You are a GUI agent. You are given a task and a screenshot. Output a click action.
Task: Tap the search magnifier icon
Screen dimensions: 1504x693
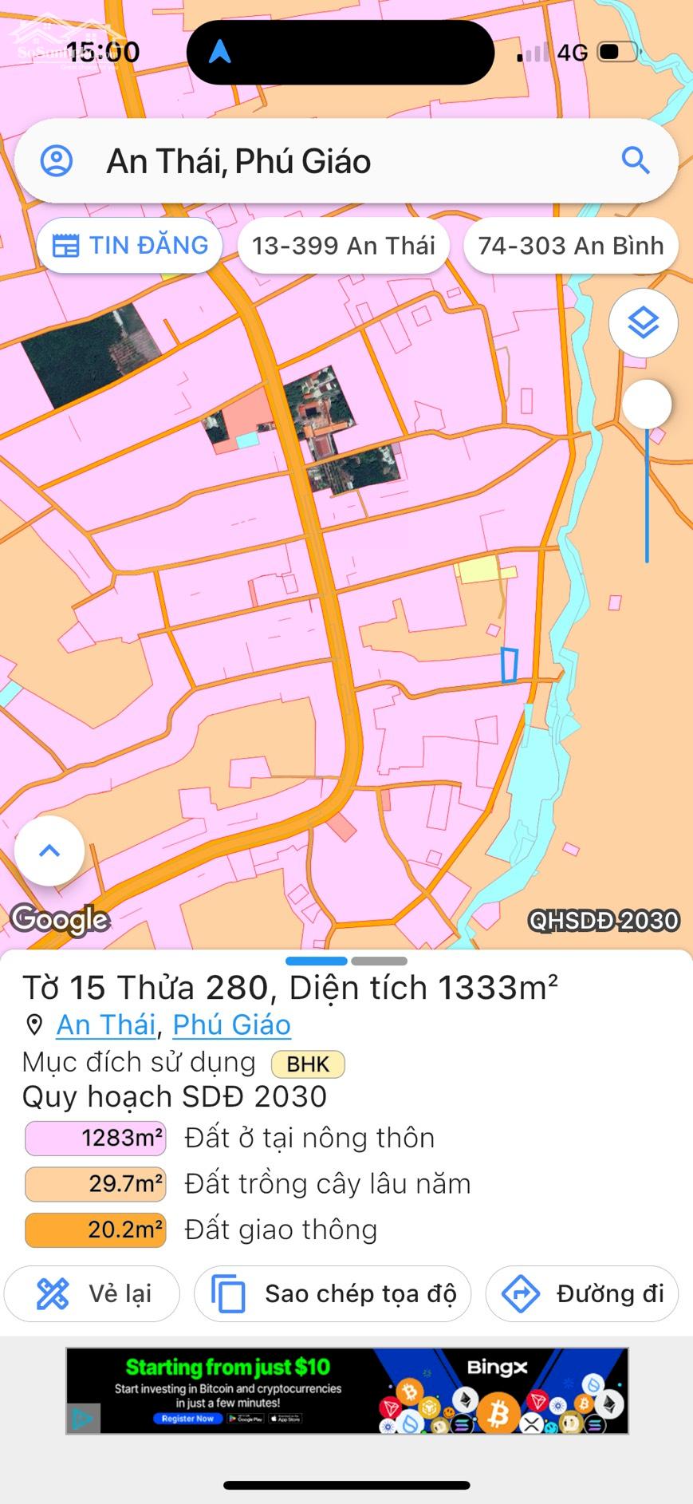point(636,161)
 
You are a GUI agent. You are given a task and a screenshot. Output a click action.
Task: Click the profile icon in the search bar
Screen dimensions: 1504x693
point(57,161)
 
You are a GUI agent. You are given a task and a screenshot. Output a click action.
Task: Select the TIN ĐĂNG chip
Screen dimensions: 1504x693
point(130,246)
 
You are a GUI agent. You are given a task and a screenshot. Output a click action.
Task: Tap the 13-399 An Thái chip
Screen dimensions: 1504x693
point(344,246)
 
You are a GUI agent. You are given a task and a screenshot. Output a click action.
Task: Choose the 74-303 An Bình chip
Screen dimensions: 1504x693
point(570,246)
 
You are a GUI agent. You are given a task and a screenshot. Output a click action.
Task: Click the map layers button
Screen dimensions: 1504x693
point(643,323)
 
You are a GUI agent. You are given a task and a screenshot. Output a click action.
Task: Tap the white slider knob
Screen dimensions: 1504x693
point(647,404)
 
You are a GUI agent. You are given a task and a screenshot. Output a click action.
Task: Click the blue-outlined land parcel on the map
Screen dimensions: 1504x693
point(509,665)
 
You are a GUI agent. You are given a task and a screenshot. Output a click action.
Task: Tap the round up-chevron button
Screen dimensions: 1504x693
point(49,851)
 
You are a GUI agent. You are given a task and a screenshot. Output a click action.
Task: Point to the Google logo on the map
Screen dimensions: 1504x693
point(60,920)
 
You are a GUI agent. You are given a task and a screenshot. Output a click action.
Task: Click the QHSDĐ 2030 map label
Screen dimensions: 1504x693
point(604,921)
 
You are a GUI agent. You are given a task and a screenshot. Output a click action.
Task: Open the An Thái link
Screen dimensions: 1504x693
point(105,1024)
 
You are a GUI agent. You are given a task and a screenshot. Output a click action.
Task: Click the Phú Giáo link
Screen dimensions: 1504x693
point(231,1024)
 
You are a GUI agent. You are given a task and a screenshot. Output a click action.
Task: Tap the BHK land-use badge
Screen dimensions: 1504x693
point(308,1064)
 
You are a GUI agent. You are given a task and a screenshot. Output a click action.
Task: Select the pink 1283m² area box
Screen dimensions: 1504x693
point(96,1138)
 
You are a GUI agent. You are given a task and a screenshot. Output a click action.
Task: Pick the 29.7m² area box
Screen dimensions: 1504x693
point(96,1183)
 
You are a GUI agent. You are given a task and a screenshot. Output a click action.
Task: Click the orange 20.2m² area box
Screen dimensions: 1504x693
point(96,1230)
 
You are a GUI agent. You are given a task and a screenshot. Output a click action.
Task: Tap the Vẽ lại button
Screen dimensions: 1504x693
point(93,1293)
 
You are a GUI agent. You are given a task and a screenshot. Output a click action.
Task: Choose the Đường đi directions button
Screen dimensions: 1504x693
point(581,1293)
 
